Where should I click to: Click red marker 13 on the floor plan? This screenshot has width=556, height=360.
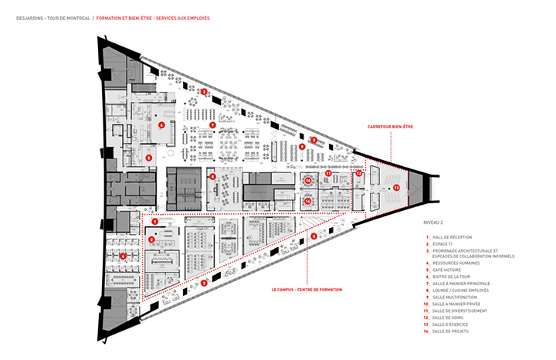tap(396, 187)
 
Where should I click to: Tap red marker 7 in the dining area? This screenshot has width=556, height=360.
tap(212, 124)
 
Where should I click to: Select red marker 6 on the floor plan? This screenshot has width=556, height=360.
tap(161, 124)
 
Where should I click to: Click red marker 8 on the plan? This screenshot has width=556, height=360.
tap(212, 176)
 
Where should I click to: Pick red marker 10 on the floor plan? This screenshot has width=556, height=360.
tap(308, 180)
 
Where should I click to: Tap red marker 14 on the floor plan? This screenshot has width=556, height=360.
tap(307, 201)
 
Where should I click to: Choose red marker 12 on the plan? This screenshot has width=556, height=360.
tap(359, 174)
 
